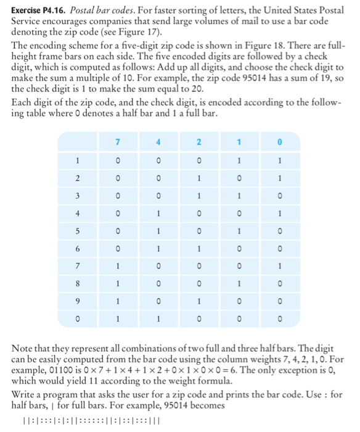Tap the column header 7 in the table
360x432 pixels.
(x=117, y=144)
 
